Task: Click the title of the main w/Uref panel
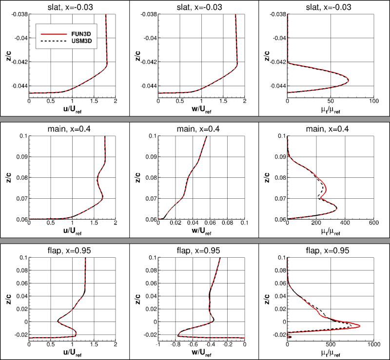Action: tap(201, 128)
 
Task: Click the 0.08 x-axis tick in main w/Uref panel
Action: tap(223, 223)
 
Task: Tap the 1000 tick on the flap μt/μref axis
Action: tap(373, 344)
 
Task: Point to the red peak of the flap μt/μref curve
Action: tap(360, 325)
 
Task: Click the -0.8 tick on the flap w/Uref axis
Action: tap(175, 344)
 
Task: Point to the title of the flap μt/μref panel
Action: tap(330, 250)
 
